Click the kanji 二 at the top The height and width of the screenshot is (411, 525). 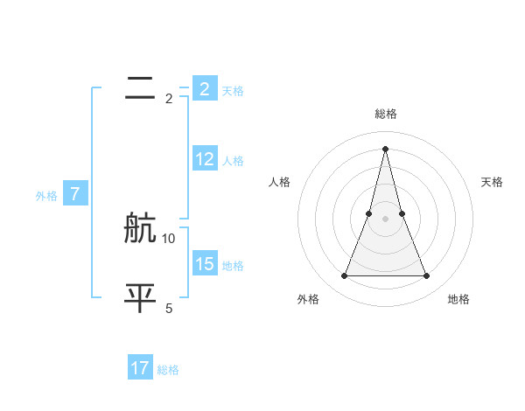[x=140, y=89]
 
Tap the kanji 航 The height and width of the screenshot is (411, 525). [x=140, y=229]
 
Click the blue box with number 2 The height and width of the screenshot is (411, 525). [x=205, y=89]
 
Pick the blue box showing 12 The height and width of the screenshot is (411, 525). [x=205, y=160]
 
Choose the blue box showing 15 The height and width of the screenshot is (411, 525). [x=205, y=264]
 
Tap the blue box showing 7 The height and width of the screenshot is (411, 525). [x=75, y=195]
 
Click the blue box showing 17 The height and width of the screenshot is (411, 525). [x=140, y=368]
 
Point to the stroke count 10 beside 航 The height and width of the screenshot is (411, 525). [x=169, y=238]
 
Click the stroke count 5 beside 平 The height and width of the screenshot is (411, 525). [x=169, y=308]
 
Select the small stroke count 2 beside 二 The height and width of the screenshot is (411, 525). [x=169, y=99]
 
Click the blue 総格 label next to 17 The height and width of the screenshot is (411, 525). [x=168, y=370]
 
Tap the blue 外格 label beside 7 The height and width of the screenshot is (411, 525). [x=46, y=196]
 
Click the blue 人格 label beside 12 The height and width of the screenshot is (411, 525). [x=233, y=161]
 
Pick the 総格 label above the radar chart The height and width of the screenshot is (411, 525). [x=385, y=114]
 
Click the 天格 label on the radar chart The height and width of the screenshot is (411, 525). [x=492, y=182]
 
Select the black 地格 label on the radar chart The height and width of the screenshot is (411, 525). [x=458, y=299]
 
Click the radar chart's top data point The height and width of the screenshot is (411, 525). [x=385, y=148]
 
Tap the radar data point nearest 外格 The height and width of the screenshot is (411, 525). [x=344, y=276]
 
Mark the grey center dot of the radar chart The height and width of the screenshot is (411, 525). [x=385, y=219]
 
